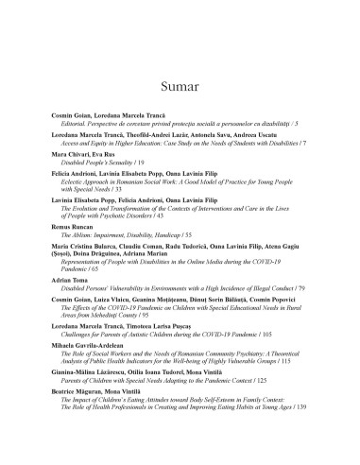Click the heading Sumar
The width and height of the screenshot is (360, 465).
[x=180, y=63]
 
